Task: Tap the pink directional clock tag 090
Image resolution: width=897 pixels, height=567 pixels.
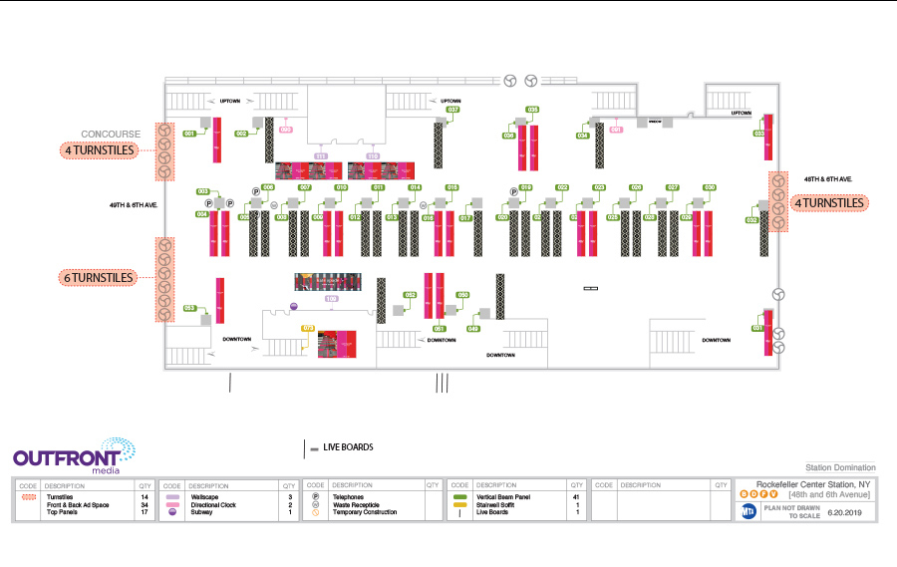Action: [x=286, y=130]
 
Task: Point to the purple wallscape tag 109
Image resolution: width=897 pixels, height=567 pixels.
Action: [x=332, y=298]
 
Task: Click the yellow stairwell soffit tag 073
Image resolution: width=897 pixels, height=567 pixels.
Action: [x=308, y=328]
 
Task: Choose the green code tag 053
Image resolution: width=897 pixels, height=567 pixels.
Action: [x=189, y=308]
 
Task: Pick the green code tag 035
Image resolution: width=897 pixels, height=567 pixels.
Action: [x=533, y=109]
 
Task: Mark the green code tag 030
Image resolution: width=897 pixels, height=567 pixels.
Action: [x=710, y=187]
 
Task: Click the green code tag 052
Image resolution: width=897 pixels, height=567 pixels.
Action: [x=410, y=295]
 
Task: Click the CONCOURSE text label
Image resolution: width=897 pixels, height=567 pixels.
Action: [x=111, y=134]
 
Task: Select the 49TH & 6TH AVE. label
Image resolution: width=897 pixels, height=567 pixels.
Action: [x=130, y=204]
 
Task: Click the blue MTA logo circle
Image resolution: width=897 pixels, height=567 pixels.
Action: [x=747, y=510]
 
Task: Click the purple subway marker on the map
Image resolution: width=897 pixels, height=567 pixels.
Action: [x=293, y=306]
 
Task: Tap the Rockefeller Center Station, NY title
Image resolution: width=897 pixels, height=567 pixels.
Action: [x=812, y=484]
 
